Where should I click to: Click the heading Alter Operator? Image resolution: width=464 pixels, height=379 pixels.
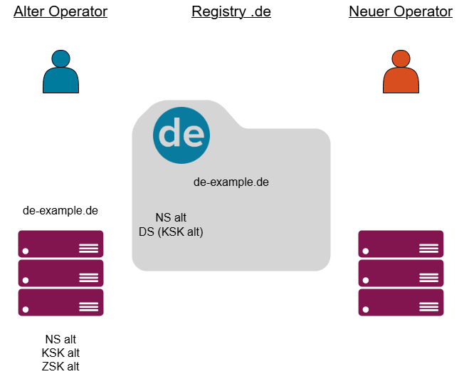pos(60,12)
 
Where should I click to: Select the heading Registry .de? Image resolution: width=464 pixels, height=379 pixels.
pos(231,12)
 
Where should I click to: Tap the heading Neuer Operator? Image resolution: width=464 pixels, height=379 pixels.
pos(401,12)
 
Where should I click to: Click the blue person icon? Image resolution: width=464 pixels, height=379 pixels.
pos(60,73)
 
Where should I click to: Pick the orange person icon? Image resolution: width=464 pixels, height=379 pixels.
pos(401,73)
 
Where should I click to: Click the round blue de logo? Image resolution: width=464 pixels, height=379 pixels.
pos(181,134)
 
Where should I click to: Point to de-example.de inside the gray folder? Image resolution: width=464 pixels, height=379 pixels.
pos(231,182)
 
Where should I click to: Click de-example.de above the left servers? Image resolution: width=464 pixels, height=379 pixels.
pos(60,210)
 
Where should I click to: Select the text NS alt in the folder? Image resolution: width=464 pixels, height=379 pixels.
pos(171,217)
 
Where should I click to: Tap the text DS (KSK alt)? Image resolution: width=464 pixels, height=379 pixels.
pos(171,232)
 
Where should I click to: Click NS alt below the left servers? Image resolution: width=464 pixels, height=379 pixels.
pos(60,339)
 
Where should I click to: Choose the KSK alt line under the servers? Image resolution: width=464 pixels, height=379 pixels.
pos(60,353)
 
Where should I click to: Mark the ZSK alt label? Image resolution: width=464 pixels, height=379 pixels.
pos(60,366)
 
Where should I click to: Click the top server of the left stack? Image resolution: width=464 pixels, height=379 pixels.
pos(60,244)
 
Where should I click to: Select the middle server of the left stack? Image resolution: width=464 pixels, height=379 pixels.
pos(60,273)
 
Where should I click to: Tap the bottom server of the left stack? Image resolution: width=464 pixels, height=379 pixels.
pos(60,302)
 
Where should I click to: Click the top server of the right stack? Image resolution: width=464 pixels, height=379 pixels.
pos(401,244)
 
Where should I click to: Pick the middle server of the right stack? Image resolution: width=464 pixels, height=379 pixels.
pos(401,273)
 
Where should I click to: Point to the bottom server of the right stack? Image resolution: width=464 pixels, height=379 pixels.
pos(401,302)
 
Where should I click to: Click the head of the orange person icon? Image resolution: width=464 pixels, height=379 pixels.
pos(401,59)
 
